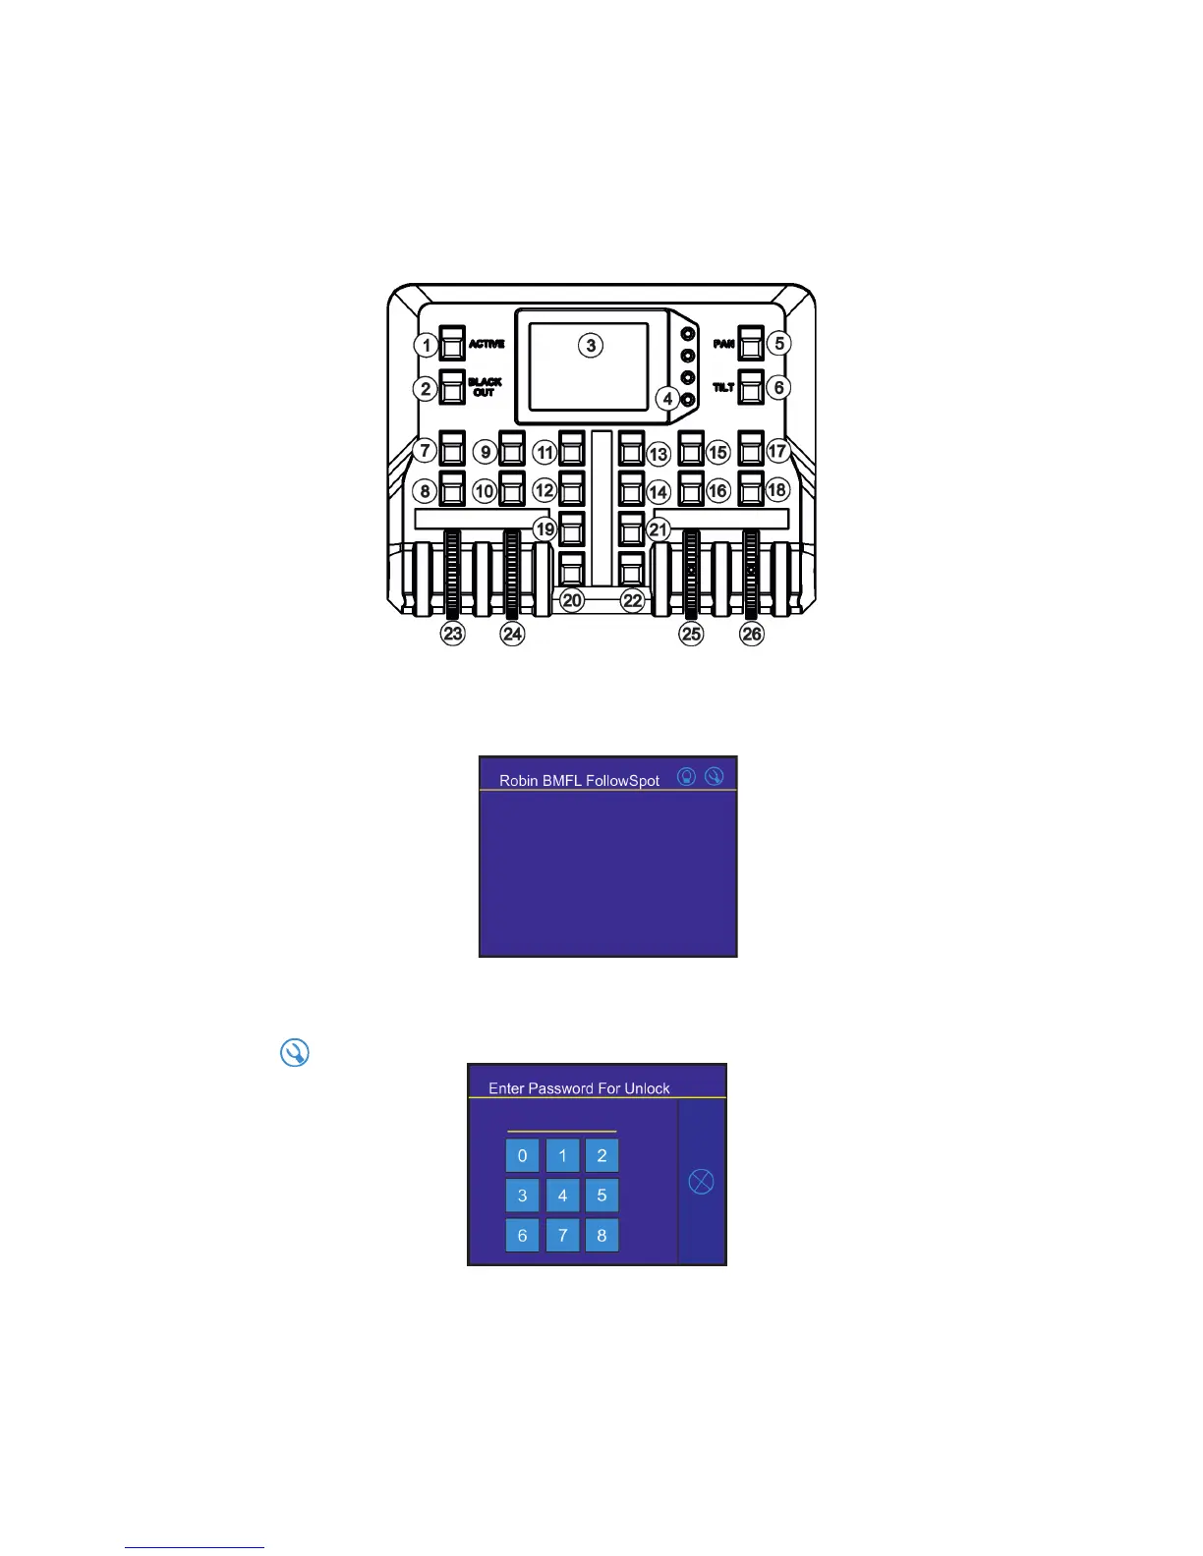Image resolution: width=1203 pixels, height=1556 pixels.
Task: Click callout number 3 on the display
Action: coord(590,345)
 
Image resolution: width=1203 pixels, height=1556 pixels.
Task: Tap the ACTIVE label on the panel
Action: coord(487,344)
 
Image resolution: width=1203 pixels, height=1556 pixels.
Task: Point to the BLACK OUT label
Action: coord(485,387)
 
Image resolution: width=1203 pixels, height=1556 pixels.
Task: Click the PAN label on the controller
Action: coord(723,344)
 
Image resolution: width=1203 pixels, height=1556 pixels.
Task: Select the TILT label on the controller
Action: coord(723,387)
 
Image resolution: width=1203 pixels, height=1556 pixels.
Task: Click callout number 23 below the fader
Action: coord(452,634)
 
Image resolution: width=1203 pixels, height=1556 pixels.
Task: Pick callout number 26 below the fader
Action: coord(752,634)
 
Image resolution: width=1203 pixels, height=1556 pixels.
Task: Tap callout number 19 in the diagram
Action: coord(544,528)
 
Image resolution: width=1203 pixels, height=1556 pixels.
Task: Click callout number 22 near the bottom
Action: coord(632,600)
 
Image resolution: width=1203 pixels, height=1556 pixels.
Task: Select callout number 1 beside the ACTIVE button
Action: coord(426,345)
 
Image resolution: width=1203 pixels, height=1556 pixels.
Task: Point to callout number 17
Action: coord(777,451)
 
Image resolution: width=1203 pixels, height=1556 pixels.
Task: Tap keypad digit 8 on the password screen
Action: coord(601,1235)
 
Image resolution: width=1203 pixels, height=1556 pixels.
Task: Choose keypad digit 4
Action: coord(562,1195)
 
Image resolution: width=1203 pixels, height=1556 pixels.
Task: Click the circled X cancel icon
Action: coord(701,1181)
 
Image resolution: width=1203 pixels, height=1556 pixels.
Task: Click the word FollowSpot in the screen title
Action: coord(622,781)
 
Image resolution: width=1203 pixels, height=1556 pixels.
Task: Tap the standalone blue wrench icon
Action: coord(294,1052)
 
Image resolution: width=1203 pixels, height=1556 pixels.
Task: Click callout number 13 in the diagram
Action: coord(659,454)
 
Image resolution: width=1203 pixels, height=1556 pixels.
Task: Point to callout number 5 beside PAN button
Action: coord(778,343)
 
